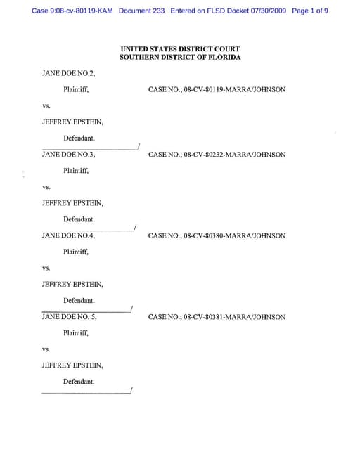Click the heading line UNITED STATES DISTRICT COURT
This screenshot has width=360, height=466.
coord(180,49)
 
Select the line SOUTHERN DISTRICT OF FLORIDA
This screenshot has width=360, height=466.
coord(180,57)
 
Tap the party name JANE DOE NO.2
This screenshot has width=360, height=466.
coord(68,73)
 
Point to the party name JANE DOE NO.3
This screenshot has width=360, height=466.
coord(68,155)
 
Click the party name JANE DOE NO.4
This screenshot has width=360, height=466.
coord(68,236)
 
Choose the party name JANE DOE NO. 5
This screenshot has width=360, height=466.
coord(70,317)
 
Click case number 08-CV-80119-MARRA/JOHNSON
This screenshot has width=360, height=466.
coord(217,90)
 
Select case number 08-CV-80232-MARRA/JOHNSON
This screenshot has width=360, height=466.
coord(217,155)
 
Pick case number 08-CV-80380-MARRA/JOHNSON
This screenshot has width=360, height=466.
coord(217,236)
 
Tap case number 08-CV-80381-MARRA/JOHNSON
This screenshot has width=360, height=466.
coord(217,317)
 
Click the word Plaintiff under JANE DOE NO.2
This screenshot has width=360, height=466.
coord(76,90)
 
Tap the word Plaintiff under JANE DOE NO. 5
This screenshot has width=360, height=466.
coord(76,333)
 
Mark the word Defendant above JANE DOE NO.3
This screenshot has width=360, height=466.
coord(79,138)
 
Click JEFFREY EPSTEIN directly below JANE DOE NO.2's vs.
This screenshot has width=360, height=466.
coord(72,122)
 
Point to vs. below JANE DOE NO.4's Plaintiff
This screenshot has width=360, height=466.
coord(46,268)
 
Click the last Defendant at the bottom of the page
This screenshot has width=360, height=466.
coord(79,382)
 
